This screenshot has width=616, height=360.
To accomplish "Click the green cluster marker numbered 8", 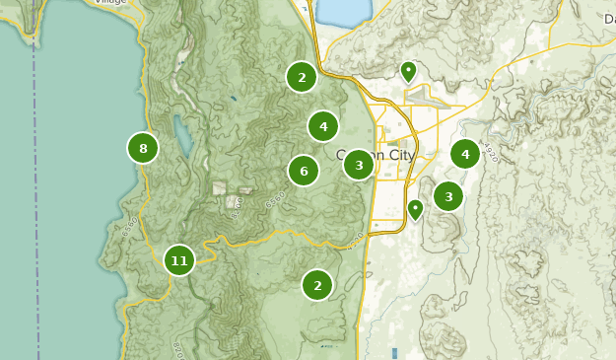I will [x=143, y=149].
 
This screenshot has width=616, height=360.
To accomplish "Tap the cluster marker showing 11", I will [x=178, y=260].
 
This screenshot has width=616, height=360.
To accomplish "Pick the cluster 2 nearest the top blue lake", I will [x=302, y=76].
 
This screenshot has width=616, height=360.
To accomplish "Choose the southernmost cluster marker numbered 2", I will [x=317, y=285].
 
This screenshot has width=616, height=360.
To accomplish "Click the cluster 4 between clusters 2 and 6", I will [x=323, y=126].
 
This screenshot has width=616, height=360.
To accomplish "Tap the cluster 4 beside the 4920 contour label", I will [x=465, y=154].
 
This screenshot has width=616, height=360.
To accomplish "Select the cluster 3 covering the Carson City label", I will [x=359, y=165].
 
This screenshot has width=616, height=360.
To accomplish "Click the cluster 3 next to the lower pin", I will [x=448, y=196].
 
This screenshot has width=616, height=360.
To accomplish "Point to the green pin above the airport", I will [x=408, y=70].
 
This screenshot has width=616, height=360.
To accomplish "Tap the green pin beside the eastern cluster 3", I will [x=416, y=208].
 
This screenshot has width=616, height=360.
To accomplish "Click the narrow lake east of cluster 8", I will [x=181, y=137].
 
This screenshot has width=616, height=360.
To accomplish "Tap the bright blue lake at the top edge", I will [x=340, y=12].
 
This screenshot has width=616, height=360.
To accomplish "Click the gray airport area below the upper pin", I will [x=426, y=96].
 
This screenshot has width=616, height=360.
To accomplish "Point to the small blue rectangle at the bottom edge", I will [x=393, y=353].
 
